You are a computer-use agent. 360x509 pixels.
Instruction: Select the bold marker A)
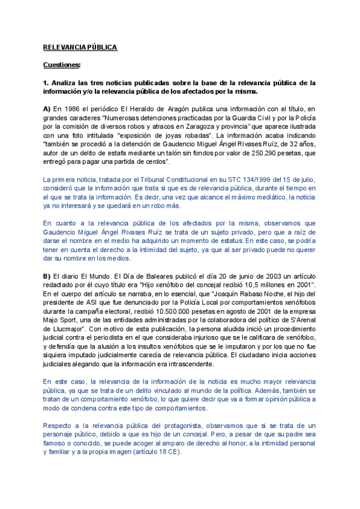pos(47,109)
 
